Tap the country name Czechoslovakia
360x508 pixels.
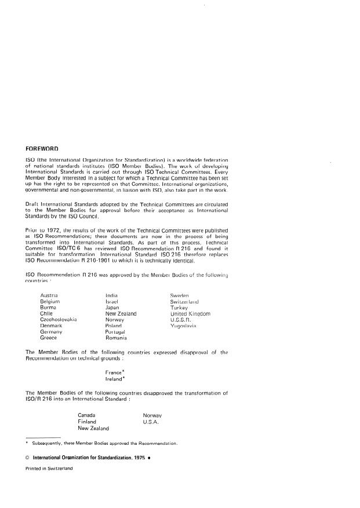tap(59, 319)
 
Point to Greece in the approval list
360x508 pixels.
tap(49, 337)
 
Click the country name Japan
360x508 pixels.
tap(112, 308)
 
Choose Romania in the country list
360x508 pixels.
tap(117, 337)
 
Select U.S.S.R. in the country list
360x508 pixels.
tap(180, 319)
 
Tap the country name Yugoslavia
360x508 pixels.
tap(184, 326)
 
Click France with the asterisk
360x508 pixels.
tap(114, 372)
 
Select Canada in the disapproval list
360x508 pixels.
tap(87, 415)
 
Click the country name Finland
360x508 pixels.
tap(87, 422)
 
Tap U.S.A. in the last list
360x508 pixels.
tap(151, 422)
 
